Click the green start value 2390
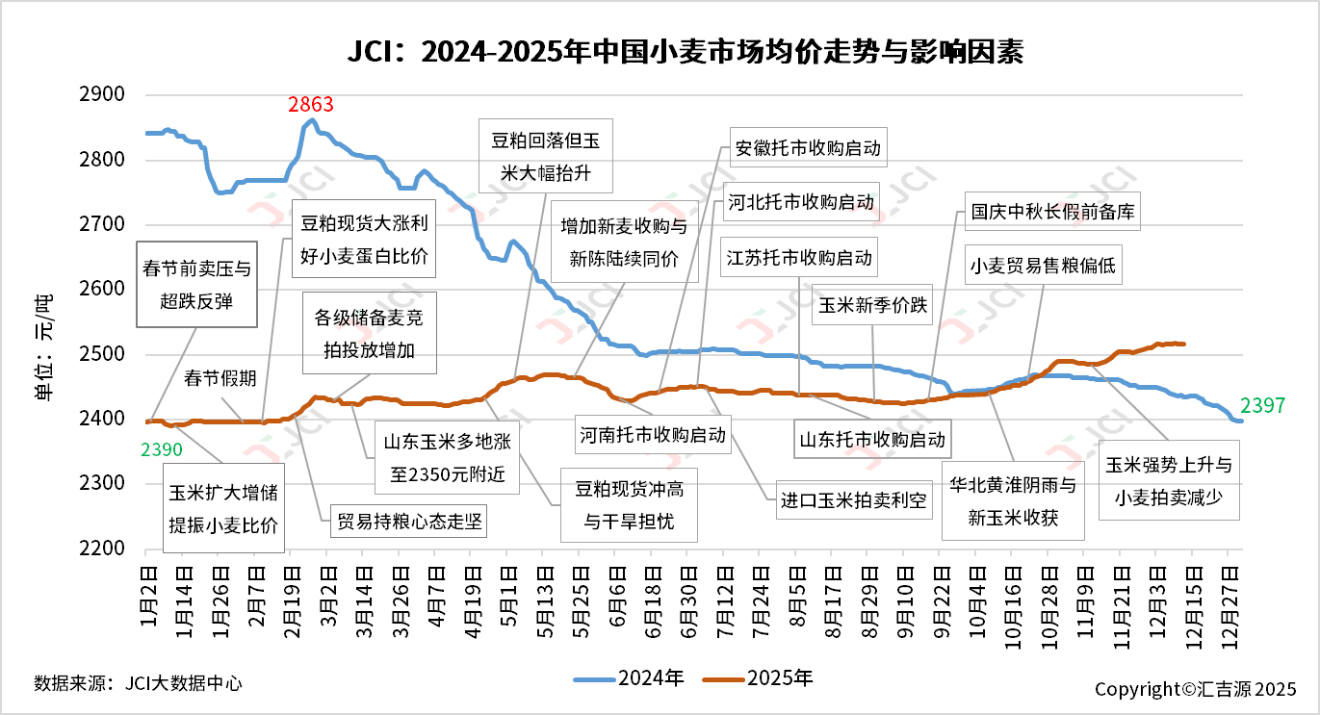coord(161,448)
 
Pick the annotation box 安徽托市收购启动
coord(807,149)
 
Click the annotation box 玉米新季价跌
coord(872,305)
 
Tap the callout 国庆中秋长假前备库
coord(1053,213)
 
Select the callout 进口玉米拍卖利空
coord(854,500)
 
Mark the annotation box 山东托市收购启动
coord(872,440)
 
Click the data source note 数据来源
coord(138,683)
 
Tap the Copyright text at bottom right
coord(1196,689)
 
